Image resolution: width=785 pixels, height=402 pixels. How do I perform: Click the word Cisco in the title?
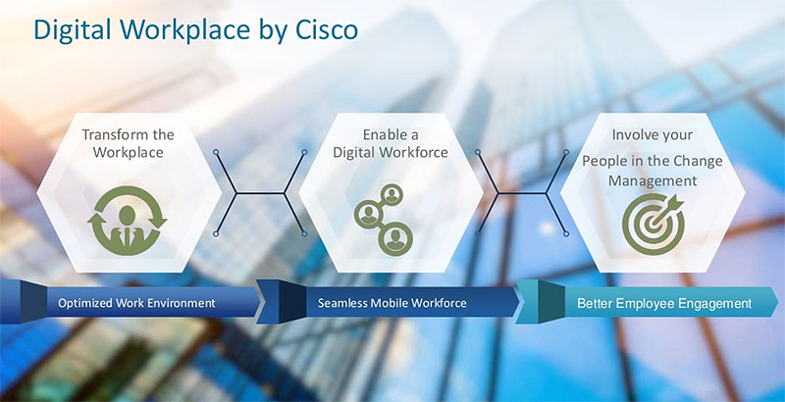pyautogui.click(x=327, y=29)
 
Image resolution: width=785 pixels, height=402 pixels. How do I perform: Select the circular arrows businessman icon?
pyautogui.click(x=128, y=221)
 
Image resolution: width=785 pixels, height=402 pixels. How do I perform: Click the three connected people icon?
pyautogui.click(x=384, y=220)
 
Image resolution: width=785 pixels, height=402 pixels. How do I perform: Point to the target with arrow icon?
pyautogui.click(x=654, y=224)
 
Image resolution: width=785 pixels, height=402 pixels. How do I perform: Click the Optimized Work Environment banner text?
pyautogui.click(x=136, y=303)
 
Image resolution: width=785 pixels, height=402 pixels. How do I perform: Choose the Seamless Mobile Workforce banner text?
pyautogui.click(x=392, y=303)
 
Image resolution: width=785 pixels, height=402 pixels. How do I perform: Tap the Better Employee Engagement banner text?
pyautogui.click(x=664, y=304)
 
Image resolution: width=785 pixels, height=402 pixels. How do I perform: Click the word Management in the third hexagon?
pyautogui.click(x=653, y=180)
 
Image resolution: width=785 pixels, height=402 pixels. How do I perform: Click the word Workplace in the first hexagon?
pyautogui.click(x=129, y=152)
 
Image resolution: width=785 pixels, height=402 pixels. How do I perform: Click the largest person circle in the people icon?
pyautogui.click(x=395, y=238)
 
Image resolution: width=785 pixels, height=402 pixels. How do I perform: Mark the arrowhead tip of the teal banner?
pyautogui.click(x=778, y=302)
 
